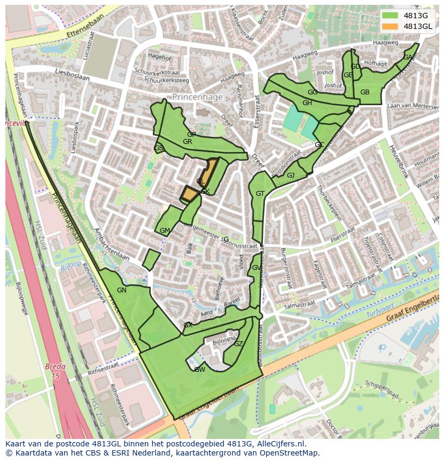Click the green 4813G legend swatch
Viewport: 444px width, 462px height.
[390, 15]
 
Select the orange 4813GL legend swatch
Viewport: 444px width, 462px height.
[390, 26]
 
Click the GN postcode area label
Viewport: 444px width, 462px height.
[122, 290]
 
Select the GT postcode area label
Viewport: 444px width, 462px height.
[260, 194]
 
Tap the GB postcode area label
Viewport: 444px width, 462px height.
[365, 92]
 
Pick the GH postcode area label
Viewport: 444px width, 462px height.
[307, 103]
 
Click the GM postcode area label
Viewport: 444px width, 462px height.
[165, 231]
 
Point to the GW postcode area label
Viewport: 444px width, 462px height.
[199, 369]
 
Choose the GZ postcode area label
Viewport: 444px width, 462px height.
[239, 344]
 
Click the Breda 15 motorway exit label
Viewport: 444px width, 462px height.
[55, 371]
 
